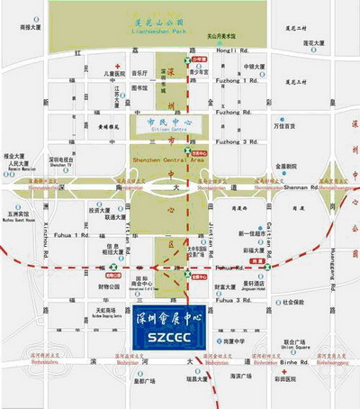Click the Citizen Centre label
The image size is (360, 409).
(x=163, y=130)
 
